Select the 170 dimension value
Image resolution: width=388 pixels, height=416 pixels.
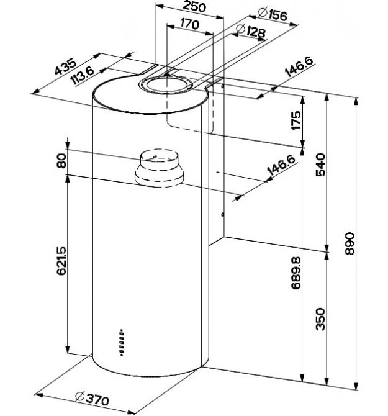[x=189, y=24]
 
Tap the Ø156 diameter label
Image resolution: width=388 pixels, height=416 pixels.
[x=273, y=14]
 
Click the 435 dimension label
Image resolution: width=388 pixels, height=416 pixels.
[x=65, y=66]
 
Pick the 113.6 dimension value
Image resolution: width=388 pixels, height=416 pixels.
[x=83, y=75]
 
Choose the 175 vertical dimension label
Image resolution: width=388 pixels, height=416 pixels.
[x=296, y=120]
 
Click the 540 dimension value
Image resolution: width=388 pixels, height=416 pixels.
[x=320, y=165]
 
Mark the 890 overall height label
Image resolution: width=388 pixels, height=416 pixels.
[x=350, y=243]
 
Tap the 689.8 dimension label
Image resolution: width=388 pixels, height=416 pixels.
[x=296, y=273]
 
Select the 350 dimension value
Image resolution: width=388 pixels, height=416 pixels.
[x=320, y=319]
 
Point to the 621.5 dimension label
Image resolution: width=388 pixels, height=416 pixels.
[x=62, y=261]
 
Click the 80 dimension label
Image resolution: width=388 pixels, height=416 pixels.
[x=62, y=161]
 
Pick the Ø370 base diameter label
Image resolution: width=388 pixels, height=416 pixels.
[x=92, y=399]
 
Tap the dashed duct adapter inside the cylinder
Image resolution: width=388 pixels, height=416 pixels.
[x=159, y=168]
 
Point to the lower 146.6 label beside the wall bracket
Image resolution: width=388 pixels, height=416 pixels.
[x=281, y=166]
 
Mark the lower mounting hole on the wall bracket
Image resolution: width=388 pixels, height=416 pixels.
[x=223, y=214]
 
